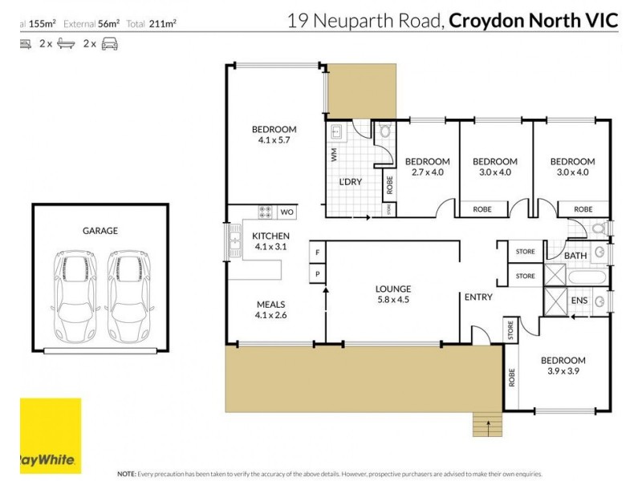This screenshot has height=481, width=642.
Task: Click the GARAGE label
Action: coord(100,231)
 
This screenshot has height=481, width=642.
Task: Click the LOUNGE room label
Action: coord(393,289)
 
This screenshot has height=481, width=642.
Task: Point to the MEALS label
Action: coord(271,305)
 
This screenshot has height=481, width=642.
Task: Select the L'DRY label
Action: coord(351,182)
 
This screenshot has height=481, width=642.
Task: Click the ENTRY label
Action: coord(478,297)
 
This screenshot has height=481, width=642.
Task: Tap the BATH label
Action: coord(575,256)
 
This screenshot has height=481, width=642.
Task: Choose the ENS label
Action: coord(579,301)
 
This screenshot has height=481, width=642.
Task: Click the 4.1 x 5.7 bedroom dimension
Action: coord(274,140)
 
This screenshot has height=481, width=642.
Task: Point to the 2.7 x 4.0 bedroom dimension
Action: coord(428,172)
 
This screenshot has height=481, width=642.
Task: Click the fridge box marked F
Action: coord(317,253)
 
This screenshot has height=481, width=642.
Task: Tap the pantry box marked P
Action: coord(317,274)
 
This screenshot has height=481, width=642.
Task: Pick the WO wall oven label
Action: coord(286,212)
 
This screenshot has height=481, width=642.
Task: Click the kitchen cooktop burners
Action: coord(264,212)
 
